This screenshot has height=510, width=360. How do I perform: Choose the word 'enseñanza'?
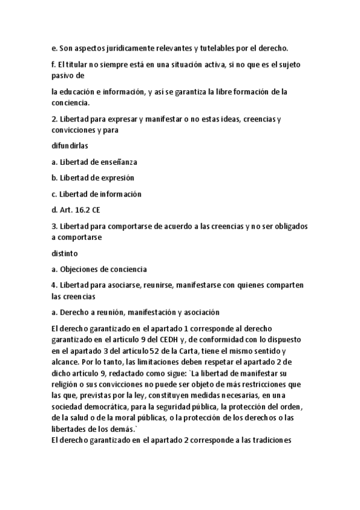point(118,162)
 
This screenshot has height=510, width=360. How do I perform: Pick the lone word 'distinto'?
point(64,253)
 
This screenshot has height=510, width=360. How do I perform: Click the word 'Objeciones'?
point(80,269)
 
